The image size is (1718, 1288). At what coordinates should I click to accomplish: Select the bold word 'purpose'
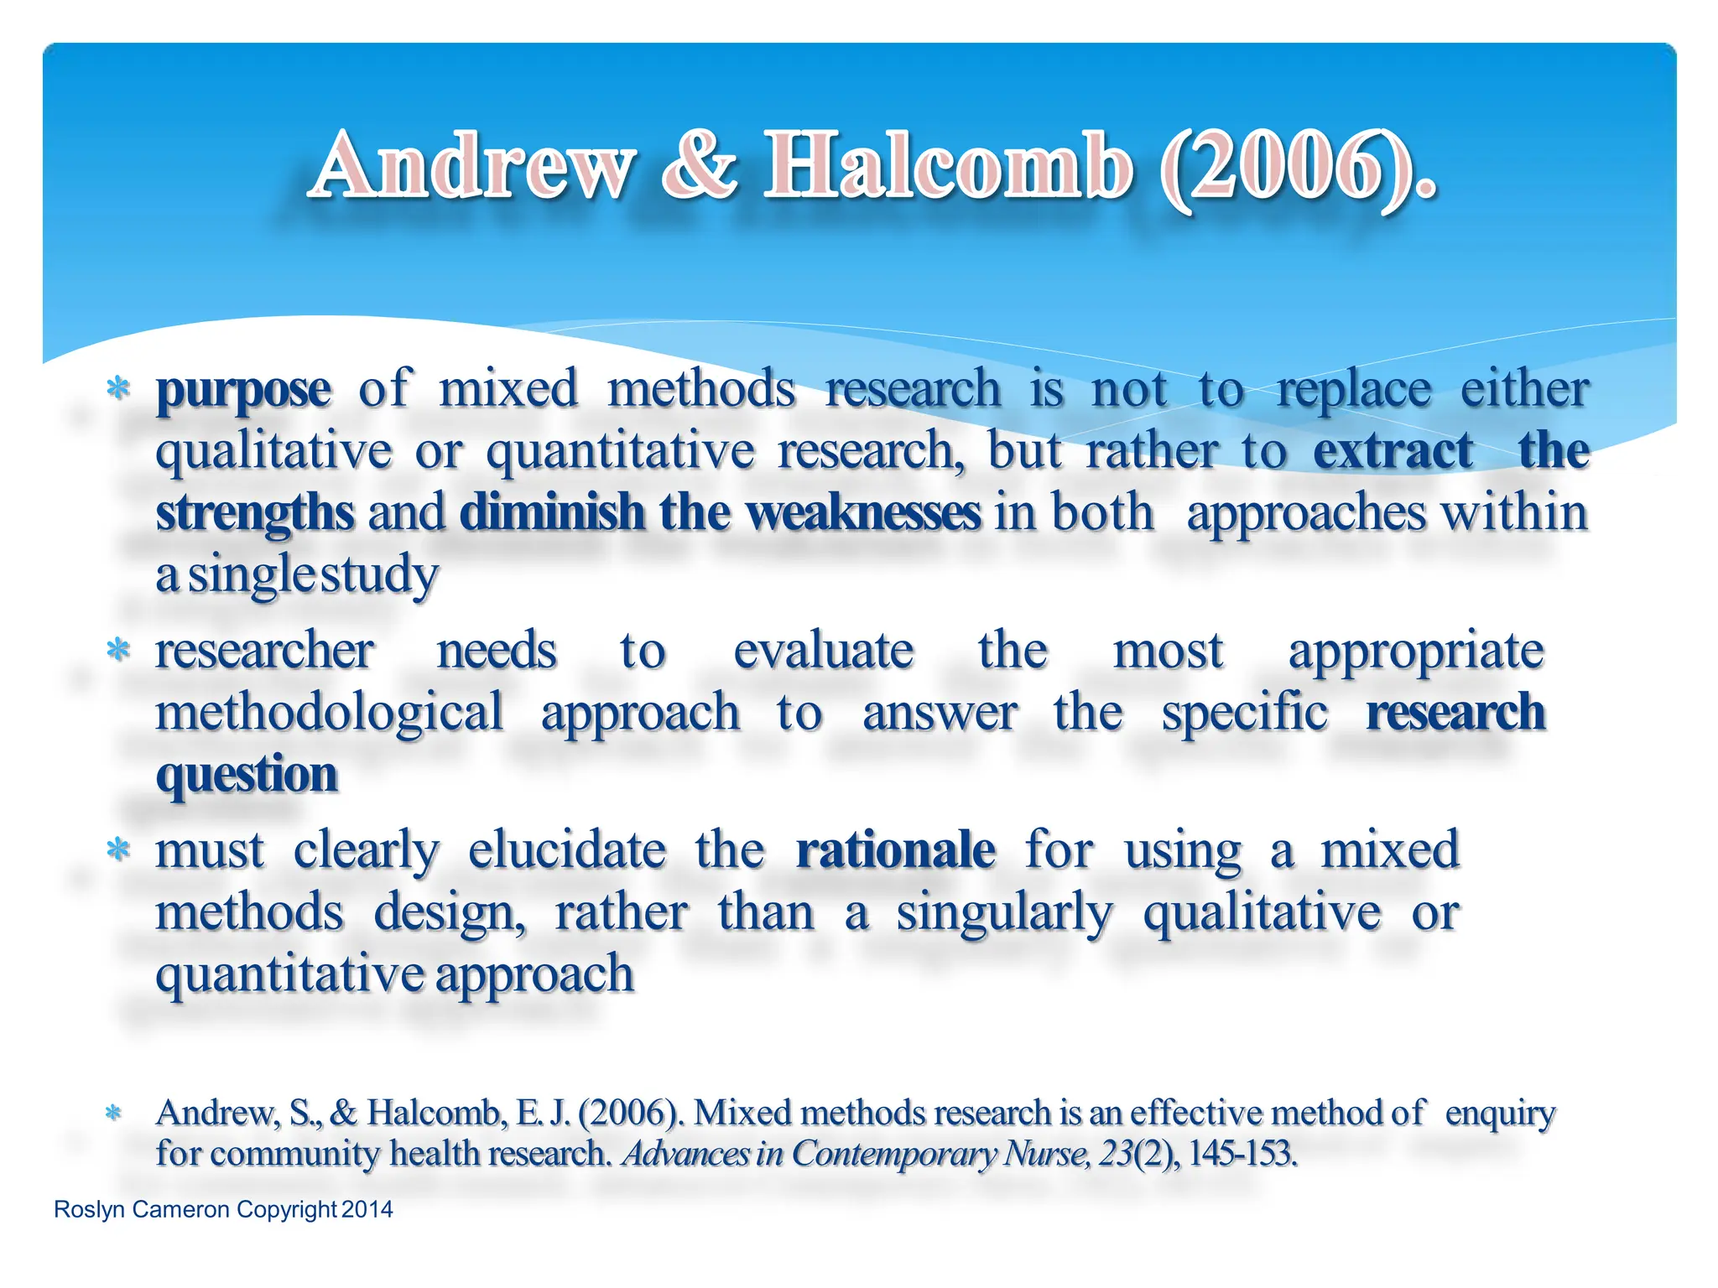(x=243, y=391)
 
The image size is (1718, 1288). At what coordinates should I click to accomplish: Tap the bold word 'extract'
(x=1393, y=451)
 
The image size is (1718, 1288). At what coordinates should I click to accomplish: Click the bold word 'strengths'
(x=255, y=514)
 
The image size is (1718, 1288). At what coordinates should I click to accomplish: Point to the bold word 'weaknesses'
(x=863, y=512)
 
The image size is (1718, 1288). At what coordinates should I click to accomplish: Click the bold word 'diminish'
(x=551, y=512)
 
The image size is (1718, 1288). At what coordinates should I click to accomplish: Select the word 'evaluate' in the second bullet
(x=823, y=651)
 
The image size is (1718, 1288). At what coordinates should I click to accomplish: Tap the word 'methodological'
(x=330, y=714)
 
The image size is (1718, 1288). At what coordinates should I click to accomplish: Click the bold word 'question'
(x=247, y=775)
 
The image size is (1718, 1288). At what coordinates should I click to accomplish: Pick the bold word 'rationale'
(x=895, y=850)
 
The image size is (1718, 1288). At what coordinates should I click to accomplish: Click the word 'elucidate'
(x=567, y=850)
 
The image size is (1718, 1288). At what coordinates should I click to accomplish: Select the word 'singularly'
(x=1004, y=913)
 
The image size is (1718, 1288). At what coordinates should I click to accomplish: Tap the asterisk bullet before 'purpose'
(x=118, y=388)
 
